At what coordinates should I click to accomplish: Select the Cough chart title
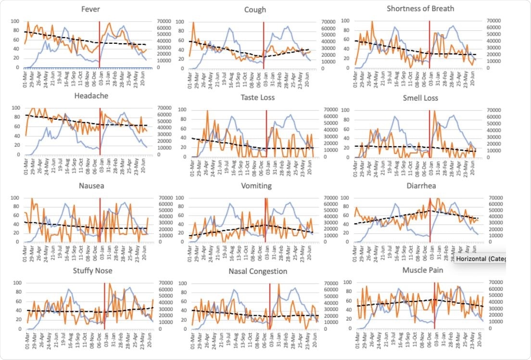(x=255, y=9)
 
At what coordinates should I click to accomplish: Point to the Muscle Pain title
(x=423, y=270)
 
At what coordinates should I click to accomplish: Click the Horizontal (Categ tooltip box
(x=480, y=259)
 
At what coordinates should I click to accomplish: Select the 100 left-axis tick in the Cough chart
(x=179, y=22)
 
